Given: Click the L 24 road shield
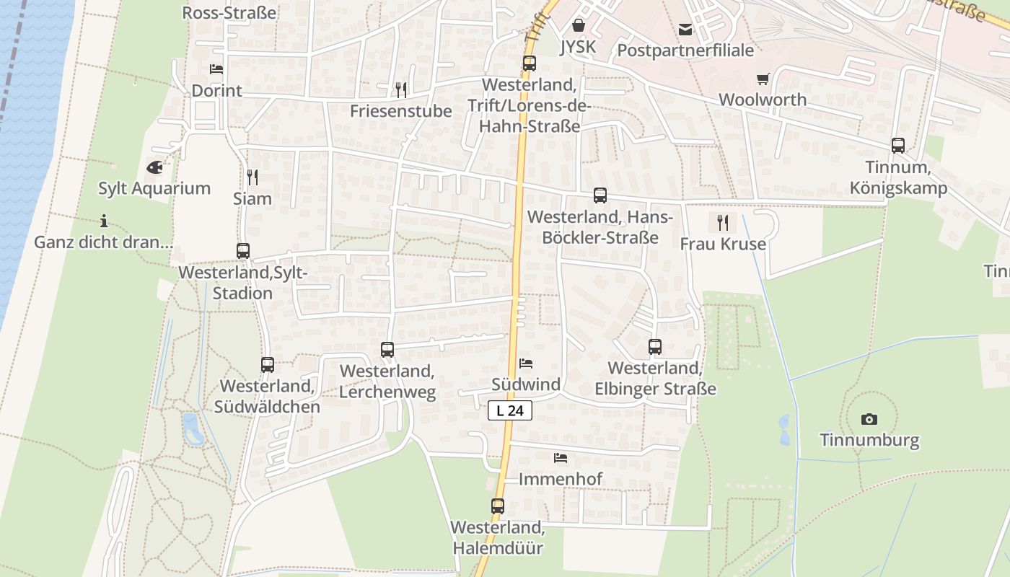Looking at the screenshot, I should [510, 410].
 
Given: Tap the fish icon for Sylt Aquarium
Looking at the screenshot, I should [154, 167].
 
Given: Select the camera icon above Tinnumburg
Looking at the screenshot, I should [869, 419].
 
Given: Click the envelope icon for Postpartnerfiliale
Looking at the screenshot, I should [685, 30].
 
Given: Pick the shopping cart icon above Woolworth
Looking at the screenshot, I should [763, 79].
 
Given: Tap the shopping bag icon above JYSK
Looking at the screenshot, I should [578, 26].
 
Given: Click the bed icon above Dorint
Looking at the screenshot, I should [216, 69].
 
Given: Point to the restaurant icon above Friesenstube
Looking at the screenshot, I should [401, 89].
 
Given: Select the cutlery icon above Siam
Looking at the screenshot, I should [252, 177].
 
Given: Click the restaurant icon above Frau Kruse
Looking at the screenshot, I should [723, 222].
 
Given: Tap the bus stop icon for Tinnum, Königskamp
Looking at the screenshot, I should [897, 146].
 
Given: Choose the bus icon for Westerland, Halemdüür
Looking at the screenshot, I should [497, 506].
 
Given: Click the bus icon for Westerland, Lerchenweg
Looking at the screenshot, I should [387, 350].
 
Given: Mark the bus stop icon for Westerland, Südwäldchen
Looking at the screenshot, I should [267, 365].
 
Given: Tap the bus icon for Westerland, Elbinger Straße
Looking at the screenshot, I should [654, 347].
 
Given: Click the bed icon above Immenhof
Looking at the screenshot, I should [560, 458].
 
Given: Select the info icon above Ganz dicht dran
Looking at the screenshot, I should [104, 221].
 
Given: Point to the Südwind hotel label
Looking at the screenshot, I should [526, 384].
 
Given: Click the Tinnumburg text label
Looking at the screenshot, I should [869, 440].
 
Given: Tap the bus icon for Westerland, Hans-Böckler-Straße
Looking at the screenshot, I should [600, 195].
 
